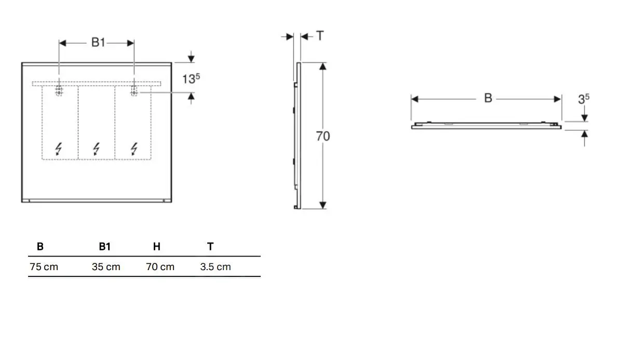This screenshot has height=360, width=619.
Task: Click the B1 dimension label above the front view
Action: click(x=98, y=43)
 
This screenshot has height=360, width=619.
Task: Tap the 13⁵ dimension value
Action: click(x=191, y=79)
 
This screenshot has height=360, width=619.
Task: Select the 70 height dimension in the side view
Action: click(x=322, y=136)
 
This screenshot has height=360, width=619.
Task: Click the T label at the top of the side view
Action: click(x=320, y=36)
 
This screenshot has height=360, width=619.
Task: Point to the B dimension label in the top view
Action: click(x=488, y=98)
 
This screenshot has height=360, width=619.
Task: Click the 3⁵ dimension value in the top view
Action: click(x=584, y=99)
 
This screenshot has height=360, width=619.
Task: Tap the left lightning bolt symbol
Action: click(x=58, y=149)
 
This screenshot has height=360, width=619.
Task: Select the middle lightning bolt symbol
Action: click(x=96, y=149)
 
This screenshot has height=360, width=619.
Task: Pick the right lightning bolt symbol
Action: click(x=134, y=149)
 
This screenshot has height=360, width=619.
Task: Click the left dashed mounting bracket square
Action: click(x=59, y=91)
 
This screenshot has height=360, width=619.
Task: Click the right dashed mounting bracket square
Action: click(x=134, y=91)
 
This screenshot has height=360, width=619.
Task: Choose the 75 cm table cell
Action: click(x=44, y=267)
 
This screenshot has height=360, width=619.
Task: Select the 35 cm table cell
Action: click(x=106, y=267)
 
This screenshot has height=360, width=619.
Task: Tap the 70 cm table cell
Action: click(x=160, y=267)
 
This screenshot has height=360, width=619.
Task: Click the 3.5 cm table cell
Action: click(x=216, y=267)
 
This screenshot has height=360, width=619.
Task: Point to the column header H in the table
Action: click(x=156, y=247)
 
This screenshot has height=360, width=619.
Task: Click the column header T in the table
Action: click(x=210, y=247)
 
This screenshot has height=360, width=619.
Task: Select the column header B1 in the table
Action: click(x=104, y=247)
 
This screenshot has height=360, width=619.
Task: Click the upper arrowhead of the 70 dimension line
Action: click(x=323, y=66)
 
